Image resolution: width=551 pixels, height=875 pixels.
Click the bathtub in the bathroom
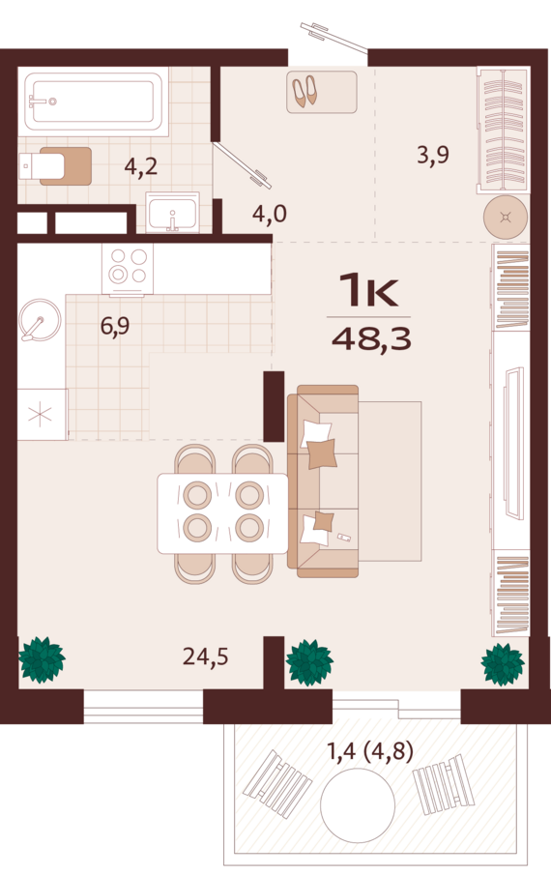pyautogui.click(x=93, y=102)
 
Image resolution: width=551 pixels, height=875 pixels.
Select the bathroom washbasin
pyautogui.click(x=172, y=212)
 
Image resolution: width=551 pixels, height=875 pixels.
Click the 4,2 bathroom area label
pyautogui.click(x=140, y=166)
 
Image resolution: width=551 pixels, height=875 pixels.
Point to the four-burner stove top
pyautogui.click(x=128, y=268)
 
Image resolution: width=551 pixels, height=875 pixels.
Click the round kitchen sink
pyautogui.click(x=39, y=320)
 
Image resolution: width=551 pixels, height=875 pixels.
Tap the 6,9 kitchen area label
pyautogui.click(x=115, y=325)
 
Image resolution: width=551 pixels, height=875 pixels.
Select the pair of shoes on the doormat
pyautogui.click(x=305, y=91)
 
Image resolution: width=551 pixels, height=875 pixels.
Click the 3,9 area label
pyautogui.click(x=433, y=154)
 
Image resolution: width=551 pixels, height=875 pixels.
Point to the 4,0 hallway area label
pyautogui.click(x=270, y=213)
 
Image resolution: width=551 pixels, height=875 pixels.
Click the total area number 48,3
pyautogui.click(x=371, y=338)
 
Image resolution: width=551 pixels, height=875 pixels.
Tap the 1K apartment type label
pyautogui.click(x=368, y=290)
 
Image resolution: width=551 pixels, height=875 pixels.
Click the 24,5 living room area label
pyautogui.click(x=205, y=656)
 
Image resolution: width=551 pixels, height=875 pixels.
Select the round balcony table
pyautogui.click(x=358, y=805)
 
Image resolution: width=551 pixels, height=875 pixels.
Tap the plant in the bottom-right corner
pyautogui.click(x=503, y=664)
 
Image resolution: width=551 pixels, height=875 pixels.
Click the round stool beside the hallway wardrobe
pyautogui.click(x=506, y=218)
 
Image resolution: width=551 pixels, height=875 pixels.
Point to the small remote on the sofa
pyautogui.click(x=344, y=538)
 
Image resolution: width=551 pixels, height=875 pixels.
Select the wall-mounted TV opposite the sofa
pyautogui.click(x=513, y=444)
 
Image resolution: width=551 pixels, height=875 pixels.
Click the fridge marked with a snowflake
pyautogui.click(x=43, y=415)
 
